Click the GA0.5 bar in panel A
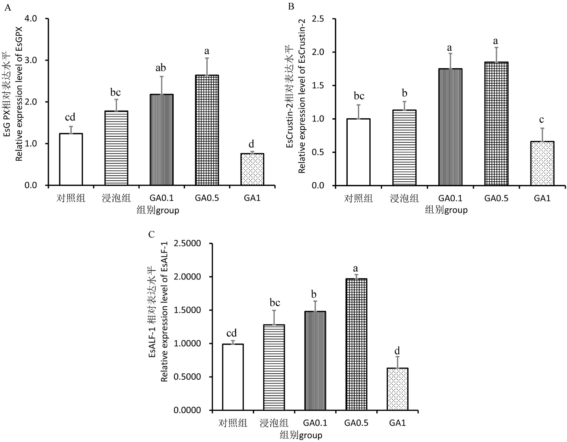[x=207, y=130]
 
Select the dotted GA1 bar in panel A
[x=252, y=169]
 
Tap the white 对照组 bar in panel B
[x=358, y=152]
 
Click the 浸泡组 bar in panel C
[x=274, y=367]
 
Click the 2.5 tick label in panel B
[x=318, y=19]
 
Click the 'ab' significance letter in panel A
[x=161, y=68]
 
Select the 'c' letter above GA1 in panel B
[x=542, y=120]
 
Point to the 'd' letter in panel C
[x=397, y=351]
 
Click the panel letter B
[x=291, y=6]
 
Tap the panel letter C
[x=152, y=234]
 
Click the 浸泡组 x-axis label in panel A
[x=116, y=198]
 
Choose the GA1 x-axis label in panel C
[x=397, y=423]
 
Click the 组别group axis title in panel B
[x=446, y=210]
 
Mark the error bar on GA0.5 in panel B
[x=496, y=55]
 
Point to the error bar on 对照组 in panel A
[x=71, y=130]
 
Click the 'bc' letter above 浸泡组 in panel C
[x=274, y=303]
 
